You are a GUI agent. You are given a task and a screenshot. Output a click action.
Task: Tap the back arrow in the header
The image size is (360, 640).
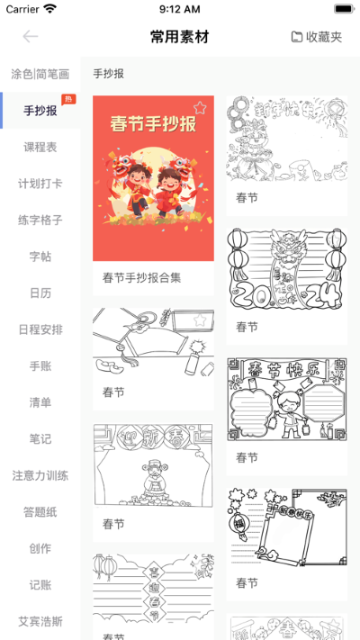(x=31, y=37)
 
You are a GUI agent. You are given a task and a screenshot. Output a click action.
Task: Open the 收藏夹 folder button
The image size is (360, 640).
(x=317, y=37)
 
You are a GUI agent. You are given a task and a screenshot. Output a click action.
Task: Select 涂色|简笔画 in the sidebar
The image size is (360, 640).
(x=40, y=74)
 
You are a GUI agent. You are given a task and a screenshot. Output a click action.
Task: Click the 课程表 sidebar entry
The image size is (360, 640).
(x=40, y=147)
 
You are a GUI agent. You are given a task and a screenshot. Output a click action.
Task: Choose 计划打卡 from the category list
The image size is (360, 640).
(x=40, y=184)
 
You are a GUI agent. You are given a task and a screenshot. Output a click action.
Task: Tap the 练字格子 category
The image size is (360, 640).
(x=40, y=220)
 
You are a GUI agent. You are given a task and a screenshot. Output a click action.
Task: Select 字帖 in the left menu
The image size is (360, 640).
(x=40, y=257)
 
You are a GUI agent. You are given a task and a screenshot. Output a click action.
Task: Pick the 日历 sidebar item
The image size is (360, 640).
(x=40, y=293)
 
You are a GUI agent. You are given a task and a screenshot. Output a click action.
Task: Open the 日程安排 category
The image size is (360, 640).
(x=40, y=329)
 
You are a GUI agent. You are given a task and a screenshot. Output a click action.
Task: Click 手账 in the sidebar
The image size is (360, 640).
(x=40, y=366)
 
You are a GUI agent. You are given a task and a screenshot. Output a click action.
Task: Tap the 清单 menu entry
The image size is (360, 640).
(x=40, y=402)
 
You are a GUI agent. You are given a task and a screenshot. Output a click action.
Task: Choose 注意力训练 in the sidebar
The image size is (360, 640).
(x=40, y=475)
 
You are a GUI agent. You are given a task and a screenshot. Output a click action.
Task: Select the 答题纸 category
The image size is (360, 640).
(x=40, y=512)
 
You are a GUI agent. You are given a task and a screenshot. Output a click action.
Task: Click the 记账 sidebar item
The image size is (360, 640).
(x=40, y=585)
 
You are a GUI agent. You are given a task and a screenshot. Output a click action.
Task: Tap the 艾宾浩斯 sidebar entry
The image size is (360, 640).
(x=40, y=621)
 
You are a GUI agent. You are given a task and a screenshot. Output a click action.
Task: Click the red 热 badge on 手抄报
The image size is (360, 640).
(x=68, y=99)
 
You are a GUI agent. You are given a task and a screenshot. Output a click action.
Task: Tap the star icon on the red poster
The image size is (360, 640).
(x=200, y=108)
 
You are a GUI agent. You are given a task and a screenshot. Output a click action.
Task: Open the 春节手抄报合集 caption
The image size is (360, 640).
(x=142, y=277)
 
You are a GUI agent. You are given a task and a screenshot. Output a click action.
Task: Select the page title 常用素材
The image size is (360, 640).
(x=179, y=37)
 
